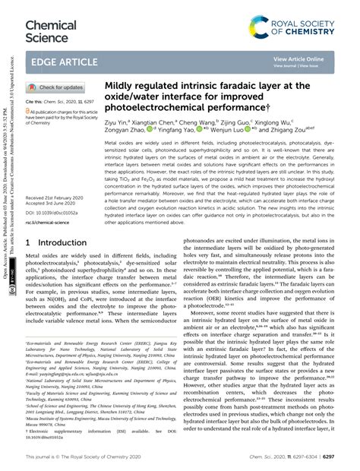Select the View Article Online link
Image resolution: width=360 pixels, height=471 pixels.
coord(298,58)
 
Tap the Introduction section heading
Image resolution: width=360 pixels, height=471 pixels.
coord(57,242)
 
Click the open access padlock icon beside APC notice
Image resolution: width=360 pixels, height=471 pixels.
coord(29,110)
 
